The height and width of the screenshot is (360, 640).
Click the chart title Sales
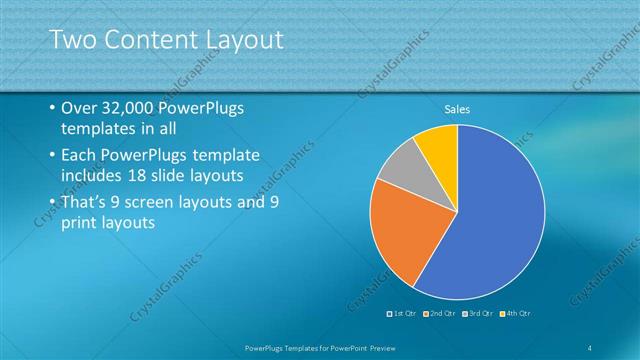457,108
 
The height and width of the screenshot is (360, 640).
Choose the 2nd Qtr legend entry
441,315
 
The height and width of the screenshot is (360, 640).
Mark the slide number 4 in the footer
590,347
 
